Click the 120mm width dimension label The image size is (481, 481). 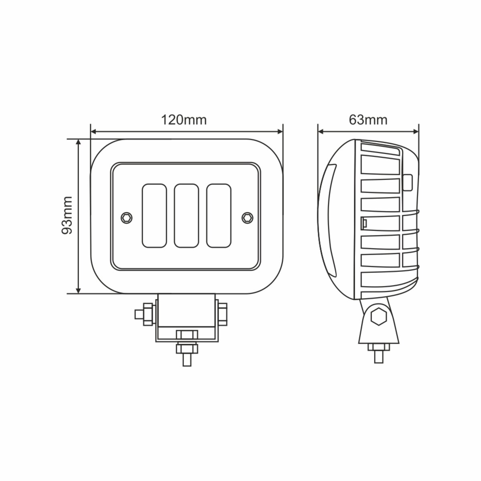184,120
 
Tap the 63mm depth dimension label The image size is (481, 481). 368,120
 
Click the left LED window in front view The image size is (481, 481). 154,215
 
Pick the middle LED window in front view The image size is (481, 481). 186,215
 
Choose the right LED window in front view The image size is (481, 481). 218,215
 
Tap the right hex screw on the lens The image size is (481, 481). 247,217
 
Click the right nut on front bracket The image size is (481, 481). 223,313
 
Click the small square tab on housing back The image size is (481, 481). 408,182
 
